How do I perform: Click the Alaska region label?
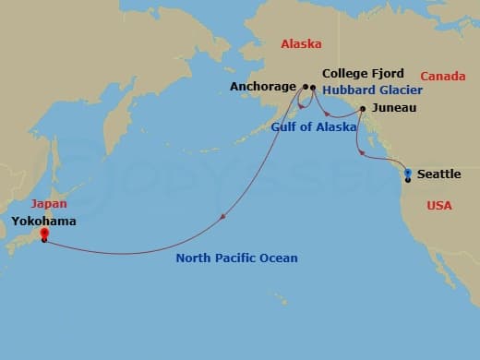[x=300, y=42]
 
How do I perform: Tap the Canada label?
[x=443, y=76]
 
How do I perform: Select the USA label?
[x=439, y=205]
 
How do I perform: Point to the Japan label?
[x=49, y=204]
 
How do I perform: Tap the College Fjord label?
[x=364, y=73]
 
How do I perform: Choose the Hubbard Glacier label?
[x=372, y=90]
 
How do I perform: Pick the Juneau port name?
[x=395, y=108]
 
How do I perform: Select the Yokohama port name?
[x=43, y=222]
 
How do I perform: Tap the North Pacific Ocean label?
[x=237, y=258]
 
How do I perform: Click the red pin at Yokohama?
[x=43, y=235]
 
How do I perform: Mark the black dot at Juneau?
[x=363, y=109]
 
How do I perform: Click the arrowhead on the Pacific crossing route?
[x=223, y=218]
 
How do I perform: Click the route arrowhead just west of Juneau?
[x=328, y=114]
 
